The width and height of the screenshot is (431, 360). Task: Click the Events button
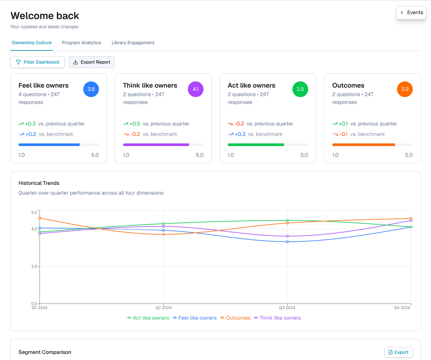pyautogui.click(x=411, y=13)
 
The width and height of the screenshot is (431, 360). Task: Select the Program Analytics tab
pyautogui.click(x=81, y=43)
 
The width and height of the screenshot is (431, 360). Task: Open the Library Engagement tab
pyautogui.click(x=133, y=43)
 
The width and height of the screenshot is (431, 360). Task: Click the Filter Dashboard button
pyautogui.click(x=38, y=62)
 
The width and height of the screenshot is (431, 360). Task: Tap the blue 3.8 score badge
pyautogui.click(x=91, y=89)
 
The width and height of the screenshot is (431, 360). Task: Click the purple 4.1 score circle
pyautogui.click(x=196, y=89)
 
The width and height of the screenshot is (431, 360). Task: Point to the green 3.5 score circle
pyautogui.click(x=300, y=89)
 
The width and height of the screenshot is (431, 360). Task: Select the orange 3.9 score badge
pyautogui.click(x=405, y=89)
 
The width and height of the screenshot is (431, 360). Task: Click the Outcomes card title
pyautogui.click(x=348, y=86)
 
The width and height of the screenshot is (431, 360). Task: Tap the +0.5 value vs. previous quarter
pyautogui.click(x=135, y=124)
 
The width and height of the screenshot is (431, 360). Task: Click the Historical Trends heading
pyautogui.click(x=39, y=183)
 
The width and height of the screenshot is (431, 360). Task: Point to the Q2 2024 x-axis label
pyautogui.click(x=163, y=308)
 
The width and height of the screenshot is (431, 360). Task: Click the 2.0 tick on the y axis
pyautogui.click(x=34, y=266)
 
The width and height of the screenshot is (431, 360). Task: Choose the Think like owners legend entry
pyautogui.click(x=277, y=318)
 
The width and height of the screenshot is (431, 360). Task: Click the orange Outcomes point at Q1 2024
pyautogui.click(x=40, y=218)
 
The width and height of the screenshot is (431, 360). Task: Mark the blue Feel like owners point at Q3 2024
pyautogui.click(x=287, y=242)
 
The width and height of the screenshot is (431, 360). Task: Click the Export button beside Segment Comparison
pyautogui.click(x=399, y=352)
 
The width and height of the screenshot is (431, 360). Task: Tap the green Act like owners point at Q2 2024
pyautogui.click(x=163, y=224)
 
